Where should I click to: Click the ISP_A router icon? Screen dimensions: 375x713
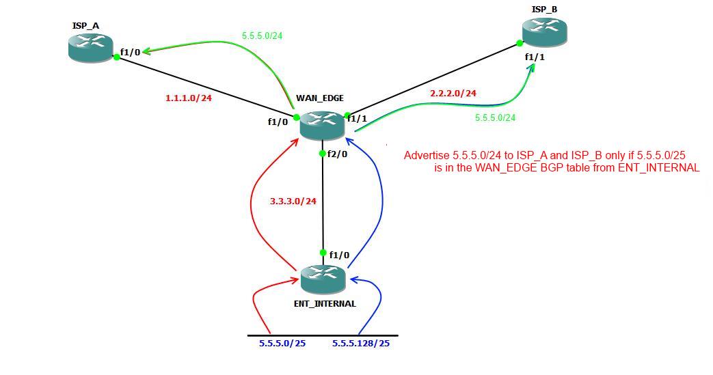click(x=90, y=47)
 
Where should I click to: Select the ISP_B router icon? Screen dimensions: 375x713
click(x=544, y=31)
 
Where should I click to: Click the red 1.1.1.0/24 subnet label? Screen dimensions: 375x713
click(x=189, y=98)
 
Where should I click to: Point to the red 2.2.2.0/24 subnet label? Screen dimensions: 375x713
click(x=453, y=93)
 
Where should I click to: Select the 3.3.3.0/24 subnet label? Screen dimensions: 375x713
click(x=293, y=202)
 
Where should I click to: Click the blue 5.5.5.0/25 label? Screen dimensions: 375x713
click(x=282, y=343)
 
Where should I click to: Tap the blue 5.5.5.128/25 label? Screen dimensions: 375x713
click(x=361, y=343)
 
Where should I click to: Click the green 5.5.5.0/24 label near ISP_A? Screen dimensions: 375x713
click(x=262, y=36)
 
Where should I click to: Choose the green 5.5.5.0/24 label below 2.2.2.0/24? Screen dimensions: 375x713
click(x=495, y=117)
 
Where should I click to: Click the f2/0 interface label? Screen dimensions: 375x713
click(x=338, y=154)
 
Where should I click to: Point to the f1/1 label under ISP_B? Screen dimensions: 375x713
click(x=535, y=57)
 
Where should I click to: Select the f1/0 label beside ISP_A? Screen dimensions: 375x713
click(x=131, y=52)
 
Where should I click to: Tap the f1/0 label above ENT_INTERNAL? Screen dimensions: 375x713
click(x=339, y=255)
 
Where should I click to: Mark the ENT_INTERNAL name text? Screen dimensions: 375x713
click(x=325, y=303)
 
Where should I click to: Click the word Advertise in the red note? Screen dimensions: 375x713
click(x=427, y=156)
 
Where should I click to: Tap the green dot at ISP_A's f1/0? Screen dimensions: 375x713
click(x=117, y=57)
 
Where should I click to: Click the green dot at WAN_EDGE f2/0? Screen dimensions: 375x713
click(x=323, y=154)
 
